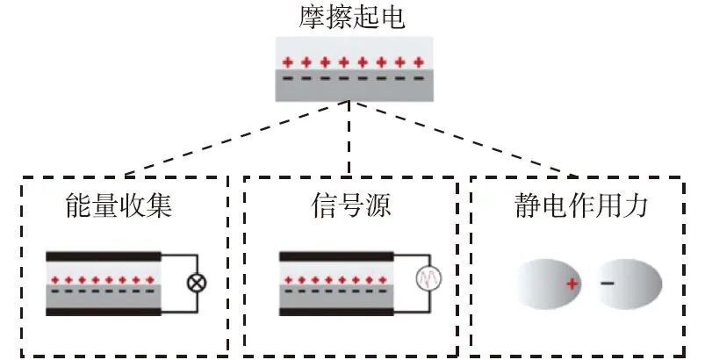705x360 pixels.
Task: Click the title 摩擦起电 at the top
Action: click(x=351, y=18)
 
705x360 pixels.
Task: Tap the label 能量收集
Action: click(x=119, y=206)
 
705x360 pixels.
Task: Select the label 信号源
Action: click(x=349, y=206)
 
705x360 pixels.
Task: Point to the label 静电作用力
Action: click(x=582, y=206)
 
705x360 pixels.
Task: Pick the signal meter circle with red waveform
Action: click(x=428, y=280)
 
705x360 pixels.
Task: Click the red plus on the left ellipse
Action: click(x=572, y=284)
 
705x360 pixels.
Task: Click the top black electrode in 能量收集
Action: click(x=104, y=256)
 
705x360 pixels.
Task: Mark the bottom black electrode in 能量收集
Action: click(x=104, y=310)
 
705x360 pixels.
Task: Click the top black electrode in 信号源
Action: click(x=336, y=256)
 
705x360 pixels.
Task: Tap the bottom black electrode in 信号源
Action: click(x=336, y=310)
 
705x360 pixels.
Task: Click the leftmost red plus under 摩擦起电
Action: click(x=286, y=62)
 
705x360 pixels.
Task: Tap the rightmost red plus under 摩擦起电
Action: click(x=419, y=62)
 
